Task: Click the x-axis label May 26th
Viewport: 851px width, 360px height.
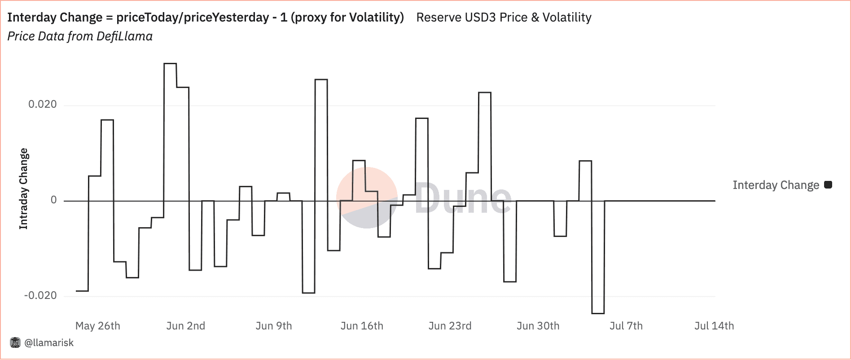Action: click(x=97, y=326)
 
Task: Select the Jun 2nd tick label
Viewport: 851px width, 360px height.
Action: click(x=185, y=326)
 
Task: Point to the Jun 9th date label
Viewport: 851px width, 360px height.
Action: click(x=273, y=326)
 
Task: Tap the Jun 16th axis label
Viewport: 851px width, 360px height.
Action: click(x=362, y=326)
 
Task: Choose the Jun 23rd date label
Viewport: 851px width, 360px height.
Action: click(x=450, y=326)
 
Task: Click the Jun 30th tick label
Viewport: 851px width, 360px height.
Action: click(x=538, y=326)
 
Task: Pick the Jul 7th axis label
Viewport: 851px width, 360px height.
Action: click(x=626, y=326)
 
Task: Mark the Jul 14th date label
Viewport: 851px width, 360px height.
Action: click(x=714, y=326)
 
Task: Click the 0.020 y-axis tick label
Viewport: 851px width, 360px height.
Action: click(x=43, y=105)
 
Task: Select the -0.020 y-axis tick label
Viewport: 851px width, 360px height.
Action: click(x=40, y=295)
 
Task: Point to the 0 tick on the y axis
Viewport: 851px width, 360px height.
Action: click(x=54, y=200)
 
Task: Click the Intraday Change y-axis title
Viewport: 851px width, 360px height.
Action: click(x=23, y=189)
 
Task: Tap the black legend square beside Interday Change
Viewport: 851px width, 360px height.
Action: click(x=828, y=184)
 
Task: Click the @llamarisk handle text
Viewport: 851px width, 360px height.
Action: click(x=49, y=343)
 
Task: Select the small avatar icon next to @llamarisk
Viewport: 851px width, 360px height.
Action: click(x=15, y=343)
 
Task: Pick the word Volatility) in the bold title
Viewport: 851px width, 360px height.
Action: click(x=370, y=18)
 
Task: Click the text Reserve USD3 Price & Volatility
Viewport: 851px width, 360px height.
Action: click(x=504, y=18)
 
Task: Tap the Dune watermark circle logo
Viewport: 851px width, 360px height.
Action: click(x=366, y=198)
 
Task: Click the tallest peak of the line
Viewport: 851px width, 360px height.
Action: click(x=170, y=64)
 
